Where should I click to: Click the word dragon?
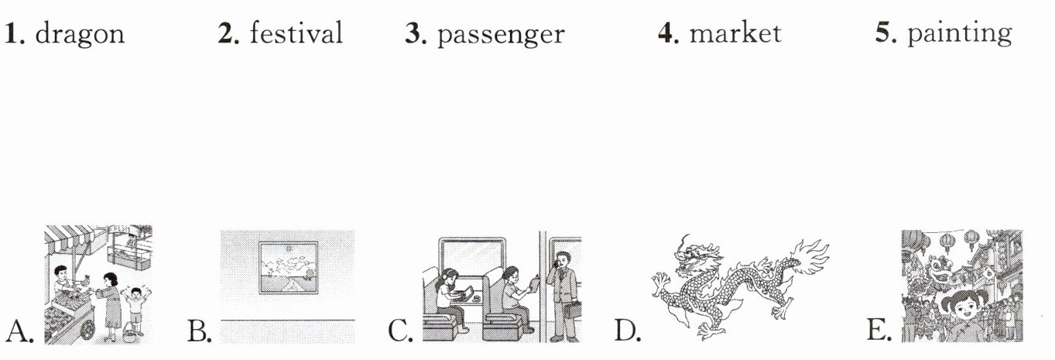pyautogui.click(x=80, y=34)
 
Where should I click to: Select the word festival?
pyautogui.click(x=296, y=33)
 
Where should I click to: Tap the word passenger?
pyautogui.click(x=501, y=35)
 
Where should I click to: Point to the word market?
pyautogui.click(x=735, y=33)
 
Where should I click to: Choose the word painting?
pyautogui.click(x=959, y=33)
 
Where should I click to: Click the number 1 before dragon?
pyautogui.click(x=15, y=33)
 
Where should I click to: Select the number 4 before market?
pyautogui.click(x=668, y=33)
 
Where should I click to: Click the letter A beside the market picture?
pyautogui.click(x=19, y=331)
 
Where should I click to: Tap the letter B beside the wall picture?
pyautogui.click(x=199, y=331)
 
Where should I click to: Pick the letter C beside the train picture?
pyautogui.click(x=400, y=331)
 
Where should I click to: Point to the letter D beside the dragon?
pyautogui.click(x=627, y=331)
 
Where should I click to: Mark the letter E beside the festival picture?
pyautogui.click(x=879, y=331)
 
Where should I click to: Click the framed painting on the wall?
pyautogui.click(x=288, y=268)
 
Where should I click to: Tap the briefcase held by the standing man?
pyautogui.click(x=573, y=310)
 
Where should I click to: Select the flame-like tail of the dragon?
pyautogui.click(x=809, y=257)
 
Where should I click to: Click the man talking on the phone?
pyautogui.click(x=563, y=296)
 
